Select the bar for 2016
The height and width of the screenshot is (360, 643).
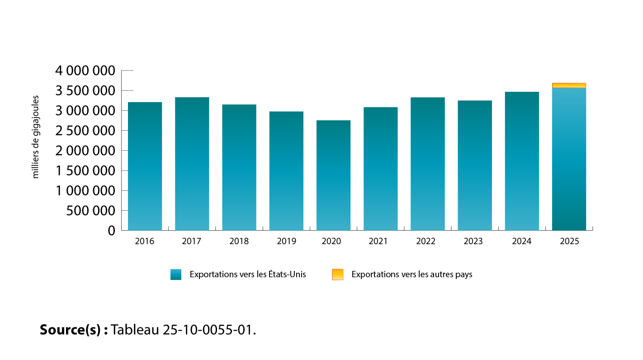coord(145,166)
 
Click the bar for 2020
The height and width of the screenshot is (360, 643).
coord(333,175)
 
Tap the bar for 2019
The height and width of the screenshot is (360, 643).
coord(286,171)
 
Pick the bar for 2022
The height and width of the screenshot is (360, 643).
coord(427,164)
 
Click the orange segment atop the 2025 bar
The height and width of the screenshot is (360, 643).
coord(569,85)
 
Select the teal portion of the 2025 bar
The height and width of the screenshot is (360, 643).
coord(569,159)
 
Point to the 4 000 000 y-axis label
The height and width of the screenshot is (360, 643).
coord(85,71)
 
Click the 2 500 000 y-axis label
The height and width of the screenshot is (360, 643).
coord(85,131)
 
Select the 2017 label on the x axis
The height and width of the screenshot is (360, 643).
coord(192,242)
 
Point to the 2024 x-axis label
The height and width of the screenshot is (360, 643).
coord(522,242)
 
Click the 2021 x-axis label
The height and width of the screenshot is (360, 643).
coord(380,242)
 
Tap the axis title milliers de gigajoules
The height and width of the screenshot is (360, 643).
coord(36,137)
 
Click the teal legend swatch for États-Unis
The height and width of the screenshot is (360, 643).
coord(176,275)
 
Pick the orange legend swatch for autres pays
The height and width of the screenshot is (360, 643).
coord(337,275)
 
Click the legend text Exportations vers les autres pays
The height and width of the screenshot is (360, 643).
coord(411,275)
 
